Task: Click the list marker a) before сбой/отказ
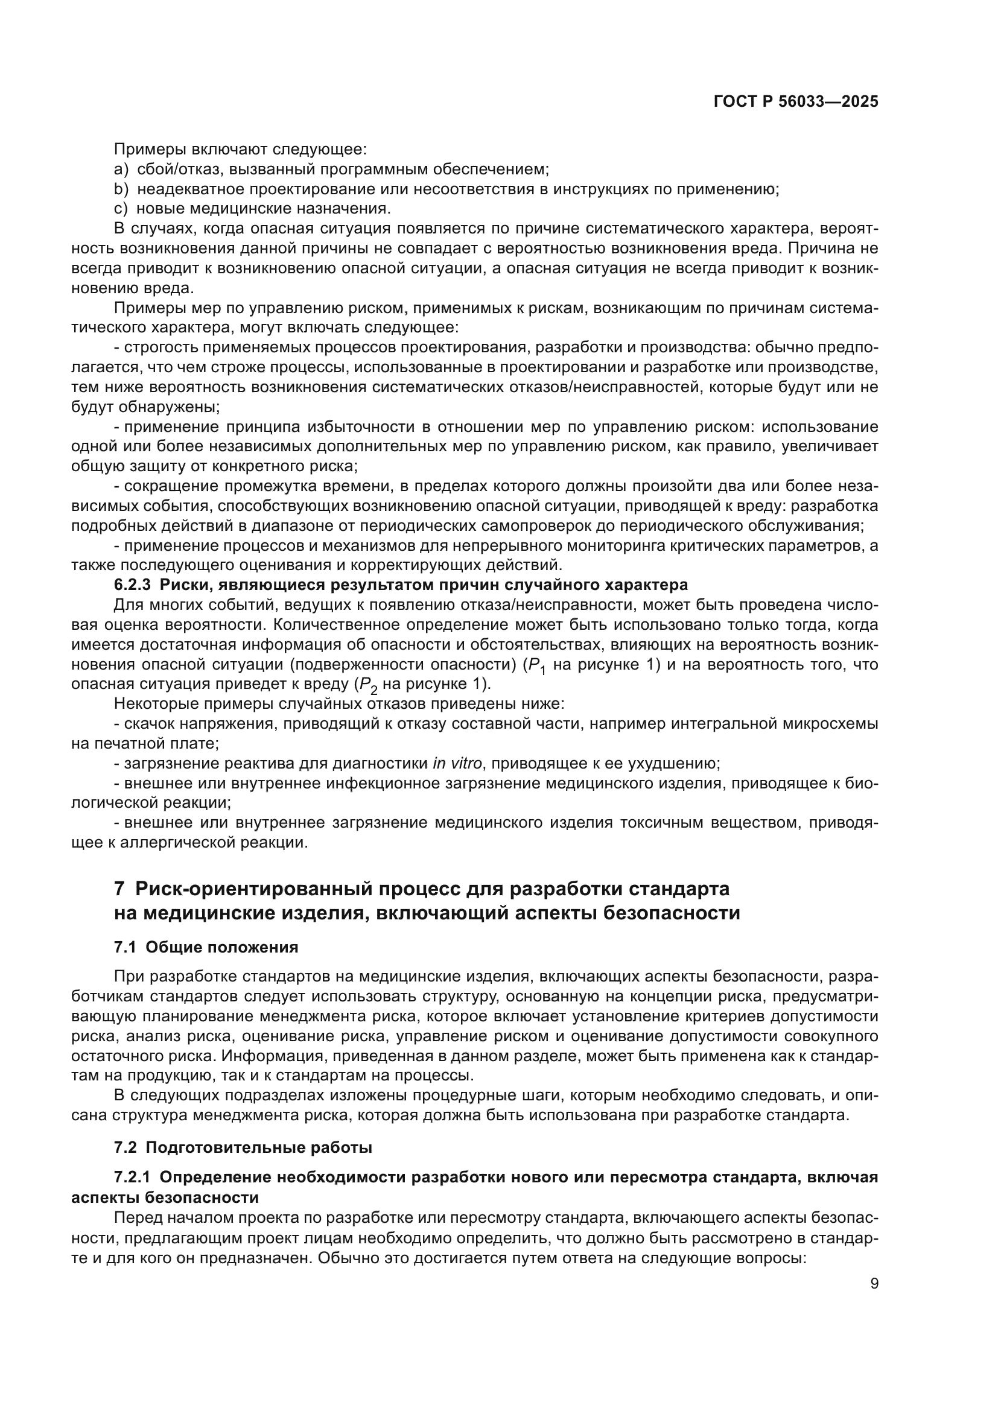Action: (121, 169)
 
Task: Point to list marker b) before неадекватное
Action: (121, 189)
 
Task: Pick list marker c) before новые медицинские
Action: (121, 208)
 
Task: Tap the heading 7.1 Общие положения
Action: (206, 947)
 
